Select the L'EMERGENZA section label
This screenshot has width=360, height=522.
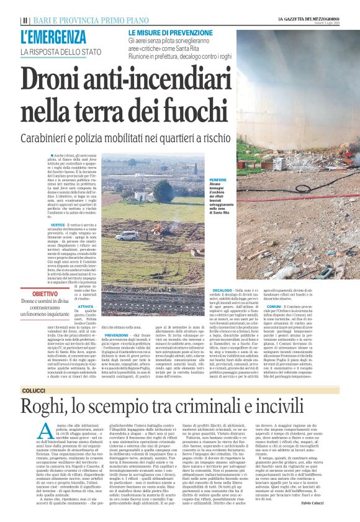(x=53, y=37)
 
